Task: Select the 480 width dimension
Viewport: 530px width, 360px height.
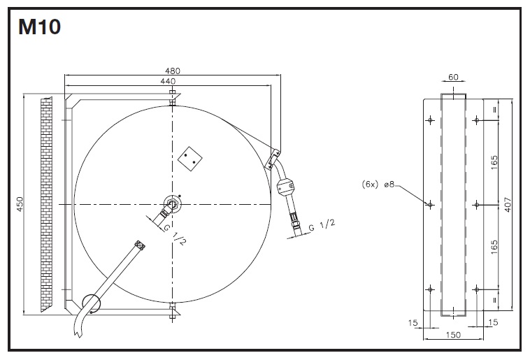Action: pyautogui.click(x=173, y=71)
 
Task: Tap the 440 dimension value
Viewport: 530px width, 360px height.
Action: pyautogui.click(x=168, y=81)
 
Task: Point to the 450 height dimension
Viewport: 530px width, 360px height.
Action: pyautogui.click(x=20, y=203)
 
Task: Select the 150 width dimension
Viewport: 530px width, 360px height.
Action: pyautogui.click(x=453, y=336)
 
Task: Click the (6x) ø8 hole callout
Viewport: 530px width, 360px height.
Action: pyautogui.click(x=379, y=185)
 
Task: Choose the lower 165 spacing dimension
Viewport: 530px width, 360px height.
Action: pyautogui.click(x=495, y=246)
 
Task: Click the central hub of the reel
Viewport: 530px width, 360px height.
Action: pyautogui.click(x=172, y=204)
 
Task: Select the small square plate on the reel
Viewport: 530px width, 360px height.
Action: pyautogui.click(x=190, y=157)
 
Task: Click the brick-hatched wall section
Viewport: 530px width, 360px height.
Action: pyautogui.click(x=46, y=203)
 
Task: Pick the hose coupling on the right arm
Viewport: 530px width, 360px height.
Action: pyautogui.click(x=287, y=187)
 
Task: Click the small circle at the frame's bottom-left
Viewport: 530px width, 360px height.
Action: pyautogui.click(x=91, y=302)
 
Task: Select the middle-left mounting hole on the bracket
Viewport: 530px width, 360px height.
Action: pyautogui.click(x=430, y=204)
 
